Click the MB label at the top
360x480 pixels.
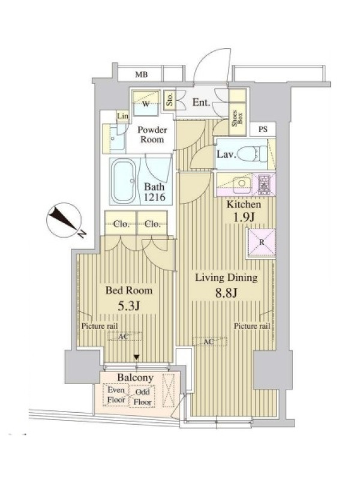(x=142, y=74)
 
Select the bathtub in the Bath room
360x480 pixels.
(x=124, y=181)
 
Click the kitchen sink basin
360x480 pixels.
(x=242, y=184)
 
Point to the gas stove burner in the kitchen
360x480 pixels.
(x=264, y=185)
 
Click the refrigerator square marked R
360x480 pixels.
(x=262, y=242)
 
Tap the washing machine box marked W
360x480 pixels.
(x=146, y=103)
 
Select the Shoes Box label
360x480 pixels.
(x=238, y=119)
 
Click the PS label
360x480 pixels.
(x=263, y=129)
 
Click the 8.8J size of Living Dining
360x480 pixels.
(x=226, y=293)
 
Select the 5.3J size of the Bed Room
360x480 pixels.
(x=129, y=305)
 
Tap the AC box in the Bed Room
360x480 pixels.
(x=125, y=336)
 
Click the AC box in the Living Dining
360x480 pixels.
(x=209, y=341)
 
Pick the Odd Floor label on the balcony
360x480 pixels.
(x=143, y=397)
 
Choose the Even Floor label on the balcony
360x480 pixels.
(x=116, y=395)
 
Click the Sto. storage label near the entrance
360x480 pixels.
(x=169, y=99)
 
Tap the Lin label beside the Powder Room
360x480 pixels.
(x=122, y=116)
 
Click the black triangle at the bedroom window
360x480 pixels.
(x=137, y=357)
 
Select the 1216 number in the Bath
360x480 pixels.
(x=155, y=197)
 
